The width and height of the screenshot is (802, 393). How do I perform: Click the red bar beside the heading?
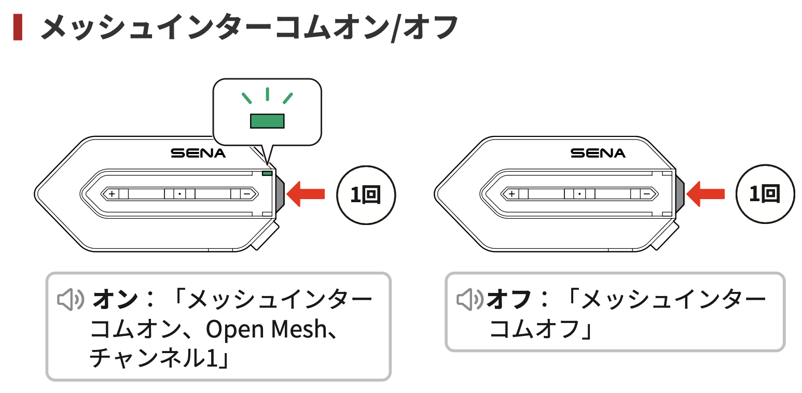[18, 27]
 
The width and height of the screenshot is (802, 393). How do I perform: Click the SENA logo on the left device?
[198, 153]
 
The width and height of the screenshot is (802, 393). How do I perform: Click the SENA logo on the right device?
[598, 153]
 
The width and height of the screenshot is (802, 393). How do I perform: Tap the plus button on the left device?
[112, 194]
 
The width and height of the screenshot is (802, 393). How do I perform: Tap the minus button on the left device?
[247, 194]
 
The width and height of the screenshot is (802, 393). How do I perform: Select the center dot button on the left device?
[179, 194]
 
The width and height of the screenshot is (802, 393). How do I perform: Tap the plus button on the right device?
[512, 194]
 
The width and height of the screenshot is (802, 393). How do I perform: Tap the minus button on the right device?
[647, 194]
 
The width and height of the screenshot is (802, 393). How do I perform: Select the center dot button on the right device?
[579, 194]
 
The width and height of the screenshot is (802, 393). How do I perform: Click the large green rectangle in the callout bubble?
[267, 121]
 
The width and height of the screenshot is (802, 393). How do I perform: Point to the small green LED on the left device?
[267, 173]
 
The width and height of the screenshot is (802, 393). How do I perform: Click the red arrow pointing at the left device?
[306, 194]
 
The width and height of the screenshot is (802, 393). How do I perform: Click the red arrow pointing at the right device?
[706, 194]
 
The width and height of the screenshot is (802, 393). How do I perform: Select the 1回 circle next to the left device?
[366, 194]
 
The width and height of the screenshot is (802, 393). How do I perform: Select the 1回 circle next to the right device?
[765, 194]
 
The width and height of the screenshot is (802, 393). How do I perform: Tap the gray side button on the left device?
[279, 193]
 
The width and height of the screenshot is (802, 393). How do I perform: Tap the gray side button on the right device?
[679, 193]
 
